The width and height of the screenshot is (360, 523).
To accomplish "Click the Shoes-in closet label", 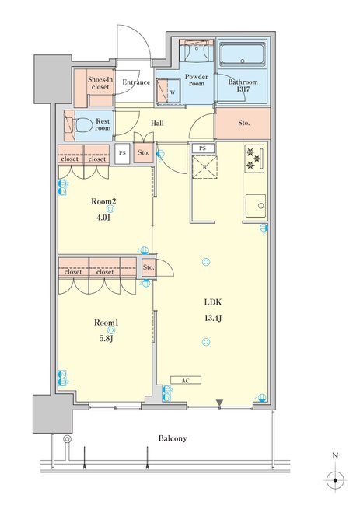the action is (x=100, y=83).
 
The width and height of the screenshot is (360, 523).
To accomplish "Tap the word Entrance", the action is (x=136, y=82).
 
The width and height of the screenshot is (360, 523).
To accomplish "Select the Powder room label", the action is (x=197, y=80).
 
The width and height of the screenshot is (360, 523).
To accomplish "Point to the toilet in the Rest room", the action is (x=83, y=126).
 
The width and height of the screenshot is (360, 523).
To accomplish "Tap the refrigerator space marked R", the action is (x=204, y=167).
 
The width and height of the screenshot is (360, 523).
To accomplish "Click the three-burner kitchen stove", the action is (x=255, y=159).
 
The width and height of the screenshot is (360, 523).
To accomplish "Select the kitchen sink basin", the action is (x=257, y=206).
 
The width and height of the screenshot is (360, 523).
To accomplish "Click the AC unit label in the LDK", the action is (x=186, y=380).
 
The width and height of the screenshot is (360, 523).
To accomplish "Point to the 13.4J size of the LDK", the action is (x=213, y=318).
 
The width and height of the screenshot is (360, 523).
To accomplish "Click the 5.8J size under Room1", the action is (x=106, y=339).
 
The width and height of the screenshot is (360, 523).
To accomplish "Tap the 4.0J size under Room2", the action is (x=103, y=218).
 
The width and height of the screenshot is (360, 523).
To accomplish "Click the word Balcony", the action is (x=173, y=438).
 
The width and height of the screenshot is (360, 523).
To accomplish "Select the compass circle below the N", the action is (x=335, y=480).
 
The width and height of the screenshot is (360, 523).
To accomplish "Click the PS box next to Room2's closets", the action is (x=122, y=153).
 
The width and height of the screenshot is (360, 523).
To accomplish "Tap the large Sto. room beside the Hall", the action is (x=243, y=123).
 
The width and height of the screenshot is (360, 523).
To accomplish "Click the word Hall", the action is (x=157, y=123).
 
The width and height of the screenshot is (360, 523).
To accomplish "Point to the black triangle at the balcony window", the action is (x=219, y=403).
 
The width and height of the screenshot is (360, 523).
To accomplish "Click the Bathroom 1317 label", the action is (x=243, y=85).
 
